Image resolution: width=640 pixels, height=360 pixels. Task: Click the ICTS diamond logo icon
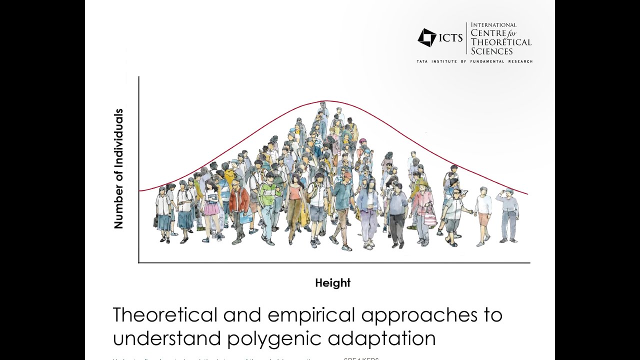click(426, 37)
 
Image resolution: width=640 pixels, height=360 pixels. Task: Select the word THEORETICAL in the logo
click(501, 42)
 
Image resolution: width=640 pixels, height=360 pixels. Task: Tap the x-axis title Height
click(332, 283)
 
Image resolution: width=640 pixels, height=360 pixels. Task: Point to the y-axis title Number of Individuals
click(118, 169)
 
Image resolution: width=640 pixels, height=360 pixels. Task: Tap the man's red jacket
click(239, 200)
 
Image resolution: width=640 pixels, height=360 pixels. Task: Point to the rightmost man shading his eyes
click(508, 212)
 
